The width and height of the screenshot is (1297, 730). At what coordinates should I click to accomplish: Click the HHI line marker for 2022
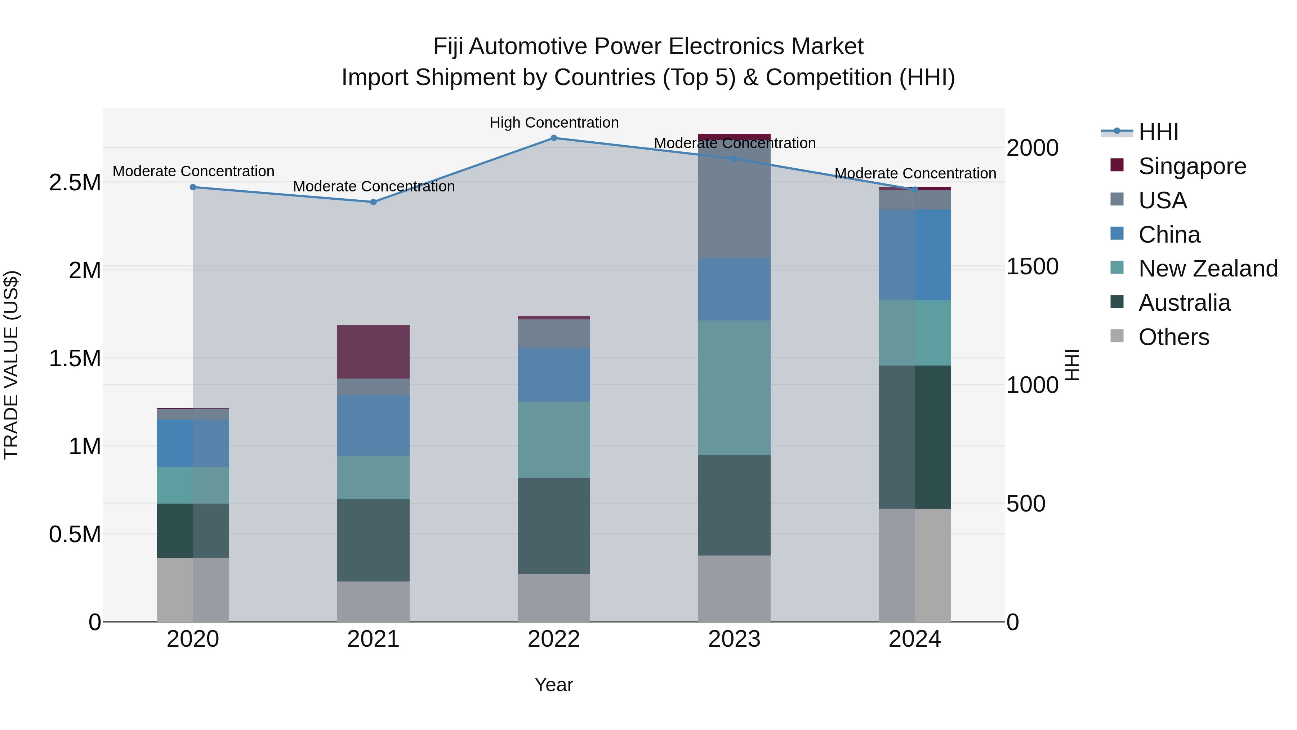(x=553, y=138)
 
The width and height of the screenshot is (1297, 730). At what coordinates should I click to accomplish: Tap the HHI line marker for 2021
(x=373, y=202)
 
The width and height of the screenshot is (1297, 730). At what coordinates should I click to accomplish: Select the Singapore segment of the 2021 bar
(x=373, y=351)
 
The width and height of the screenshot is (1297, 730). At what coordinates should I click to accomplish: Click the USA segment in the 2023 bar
(x=734, y=202)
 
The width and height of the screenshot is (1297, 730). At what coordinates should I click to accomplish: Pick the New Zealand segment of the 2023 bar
(x=734, y=388)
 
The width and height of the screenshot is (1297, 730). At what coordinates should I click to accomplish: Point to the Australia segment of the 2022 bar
(x=553, y=526)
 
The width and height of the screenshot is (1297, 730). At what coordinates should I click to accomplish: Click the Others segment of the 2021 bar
(x=373, y=602)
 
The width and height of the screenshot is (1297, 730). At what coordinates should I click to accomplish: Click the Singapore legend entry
(x=1192, y=166)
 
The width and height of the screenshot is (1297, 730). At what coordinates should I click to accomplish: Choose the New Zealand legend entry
(x=1207, y=269)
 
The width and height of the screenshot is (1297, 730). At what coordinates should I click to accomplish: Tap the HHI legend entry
(x=1158, y=132)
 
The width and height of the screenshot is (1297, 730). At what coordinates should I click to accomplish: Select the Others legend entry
(x=1173, y=337)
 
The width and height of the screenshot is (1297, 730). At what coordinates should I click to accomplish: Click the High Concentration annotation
(x=554, y=123)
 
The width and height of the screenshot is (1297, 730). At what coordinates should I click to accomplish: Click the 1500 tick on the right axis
(x=1032, y=267)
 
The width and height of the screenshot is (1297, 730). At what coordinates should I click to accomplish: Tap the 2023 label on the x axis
(x=734, y=639)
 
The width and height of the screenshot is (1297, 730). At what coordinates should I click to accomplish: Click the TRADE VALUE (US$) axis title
(x=11, y=365)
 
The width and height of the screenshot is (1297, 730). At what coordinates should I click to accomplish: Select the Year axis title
(x=553, y=685)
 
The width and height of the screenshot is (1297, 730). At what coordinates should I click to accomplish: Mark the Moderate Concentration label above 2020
(x=193, y=171)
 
